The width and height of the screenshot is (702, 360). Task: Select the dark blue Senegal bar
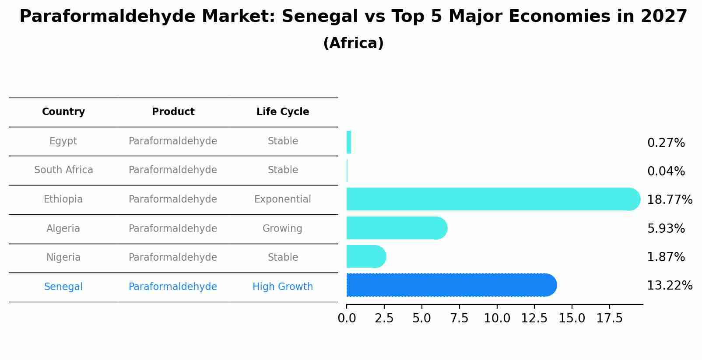tap(451, 285)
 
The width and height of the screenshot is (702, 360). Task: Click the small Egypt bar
tap(349, 142)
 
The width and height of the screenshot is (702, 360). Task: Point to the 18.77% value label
tap(669, 200)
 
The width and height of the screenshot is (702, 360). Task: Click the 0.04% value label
tap(666, 171)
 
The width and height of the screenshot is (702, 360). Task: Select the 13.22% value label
tap(669, 286)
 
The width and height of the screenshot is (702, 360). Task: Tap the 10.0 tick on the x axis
tap(497, 318)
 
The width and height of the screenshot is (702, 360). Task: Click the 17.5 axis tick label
tap(609, 318)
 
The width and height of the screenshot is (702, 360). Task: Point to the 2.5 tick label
tap(384, 318)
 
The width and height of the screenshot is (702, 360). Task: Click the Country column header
tap(63, 112)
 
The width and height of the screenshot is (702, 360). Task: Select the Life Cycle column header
tap(283, 112)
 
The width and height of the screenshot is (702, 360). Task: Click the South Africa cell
tap(63, 170)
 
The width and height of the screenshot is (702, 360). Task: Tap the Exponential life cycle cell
tap(283, 199)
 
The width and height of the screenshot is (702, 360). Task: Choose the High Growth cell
tap(283, 287)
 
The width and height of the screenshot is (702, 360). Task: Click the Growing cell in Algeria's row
tap(282, 229)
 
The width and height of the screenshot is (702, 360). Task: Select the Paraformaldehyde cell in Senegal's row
tap(172, 287)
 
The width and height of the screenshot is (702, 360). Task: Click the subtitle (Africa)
tap(353, 43)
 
